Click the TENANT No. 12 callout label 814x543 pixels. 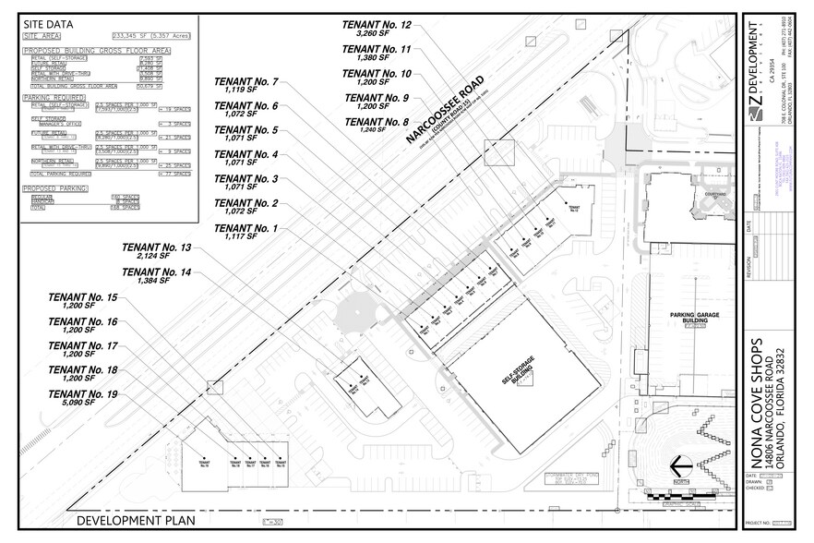(377, 25)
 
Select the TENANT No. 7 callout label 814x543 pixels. (245, 82)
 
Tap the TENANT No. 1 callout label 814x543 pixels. (245, 227)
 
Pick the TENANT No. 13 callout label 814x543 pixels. (156, 248)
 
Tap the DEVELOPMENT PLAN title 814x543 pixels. (137, 521)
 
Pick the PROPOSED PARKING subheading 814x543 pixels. (54, 188)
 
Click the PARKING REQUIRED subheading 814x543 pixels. (54, 97)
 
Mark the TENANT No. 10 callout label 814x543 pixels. (377, 73)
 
